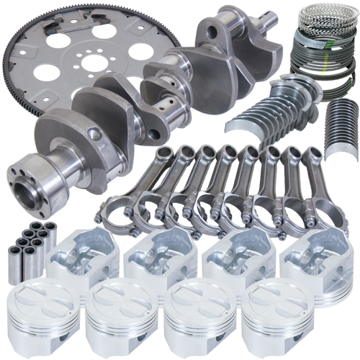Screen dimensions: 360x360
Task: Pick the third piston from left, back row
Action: (234, 259)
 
